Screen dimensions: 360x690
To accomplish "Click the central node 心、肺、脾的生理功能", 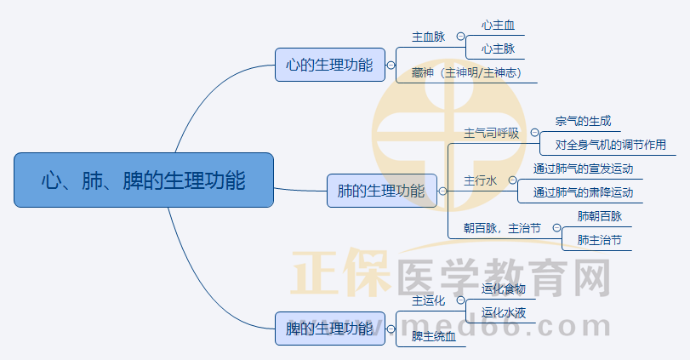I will point(144,180).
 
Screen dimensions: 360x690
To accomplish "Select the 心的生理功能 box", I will point(329,65).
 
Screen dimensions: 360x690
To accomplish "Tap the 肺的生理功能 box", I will point(381,191).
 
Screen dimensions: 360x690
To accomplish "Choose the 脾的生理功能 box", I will point(329,328).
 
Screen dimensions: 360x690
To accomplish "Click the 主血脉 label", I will point(428,37).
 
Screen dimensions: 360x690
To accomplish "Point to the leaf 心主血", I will point(498,26).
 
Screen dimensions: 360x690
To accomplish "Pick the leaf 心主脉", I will point(498,49).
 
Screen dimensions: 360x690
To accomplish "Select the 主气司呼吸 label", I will point(491,133).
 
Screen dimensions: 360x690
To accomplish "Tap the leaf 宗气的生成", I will point(583,122).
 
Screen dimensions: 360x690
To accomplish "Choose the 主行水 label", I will point(480,180).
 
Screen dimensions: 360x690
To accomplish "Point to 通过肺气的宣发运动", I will point(583,169).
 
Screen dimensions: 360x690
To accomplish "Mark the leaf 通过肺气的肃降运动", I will point(583,192).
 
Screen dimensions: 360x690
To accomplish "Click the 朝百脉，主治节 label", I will point(502,228).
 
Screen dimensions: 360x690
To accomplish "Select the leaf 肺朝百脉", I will point(599,216).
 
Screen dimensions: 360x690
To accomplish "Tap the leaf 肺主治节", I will point(599,240).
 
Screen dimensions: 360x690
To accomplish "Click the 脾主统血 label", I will point(434,336).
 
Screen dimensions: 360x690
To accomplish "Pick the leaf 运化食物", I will point(503,289).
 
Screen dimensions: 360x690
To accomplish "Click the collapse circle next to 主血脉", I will point(460,37).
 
